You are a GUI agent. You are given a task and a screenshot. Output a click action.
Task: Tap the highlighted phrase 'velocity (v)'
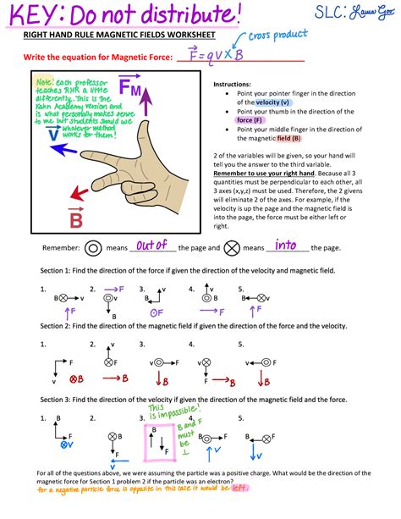(277, 102)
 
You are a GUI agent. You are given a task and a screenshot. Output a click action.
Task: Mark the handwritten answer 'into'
(286, 246)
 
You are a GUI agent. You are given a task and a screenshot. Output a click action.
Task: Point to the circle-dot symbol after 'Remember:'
(93, 249)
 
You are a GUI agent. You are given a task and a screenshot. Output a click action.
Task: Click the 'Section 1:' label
(58, 271)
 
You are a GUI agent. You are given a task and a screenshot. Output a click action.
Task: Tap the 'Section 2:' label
(58, 326)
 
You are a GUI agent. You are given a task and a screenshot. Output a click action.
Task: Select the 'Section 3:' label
(58, 398)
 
